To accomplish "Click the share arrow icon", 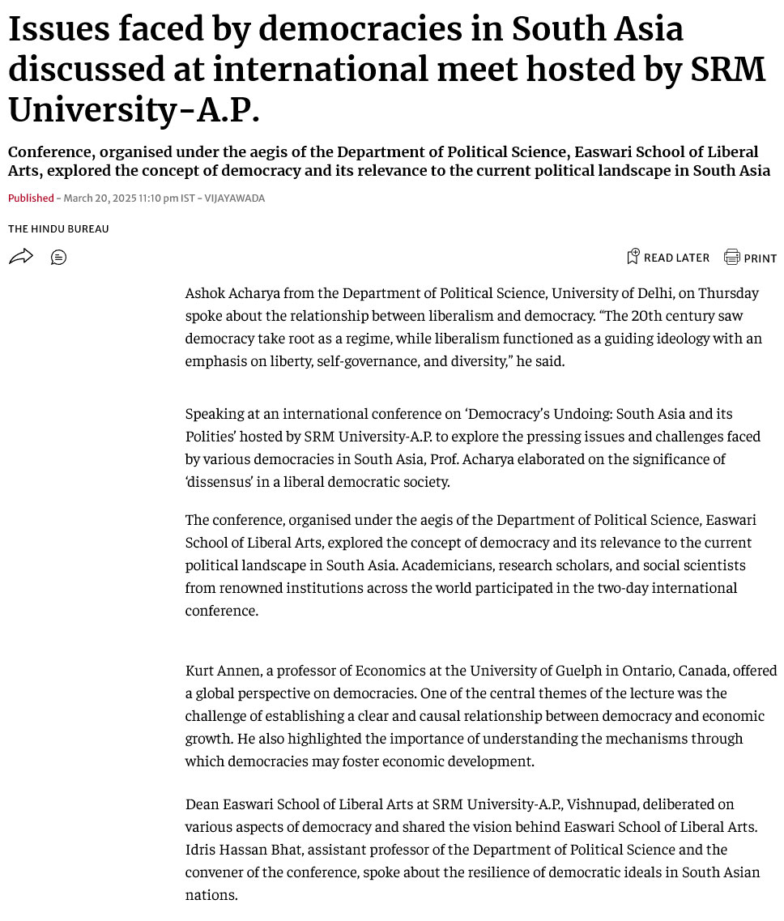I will click(20, 257).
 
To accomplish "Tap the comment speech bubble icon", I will click(58, 258).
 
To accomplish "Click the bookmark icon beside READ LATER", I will click(633, 257).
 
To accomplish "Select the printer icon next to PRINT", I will click(731, 258).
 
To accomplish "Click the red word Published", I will click(31, 198).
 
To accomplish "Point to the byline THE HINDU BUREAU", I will click(58, 229).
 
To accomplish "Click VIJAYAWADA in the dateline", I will click(234, 198).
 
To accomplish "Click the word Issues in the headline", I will click(59, 30).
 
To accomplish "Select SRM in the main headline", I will click(727, 70).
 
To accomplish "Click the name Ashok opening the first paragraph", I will click(207, 292).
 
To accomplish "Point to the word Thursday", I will click(728, 292).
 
